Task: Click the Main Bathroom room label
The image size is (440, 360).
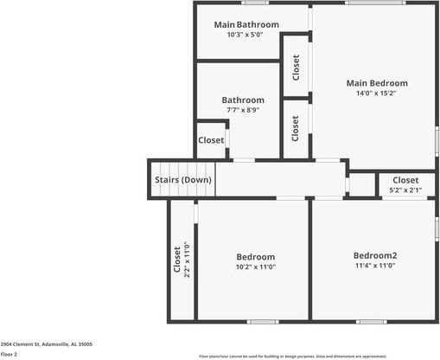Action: click(246, 24)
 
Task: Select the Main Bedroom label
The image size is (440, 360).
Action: click(376, 83)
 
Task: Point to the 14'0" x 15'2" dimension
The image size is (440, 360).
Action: click(376, 94)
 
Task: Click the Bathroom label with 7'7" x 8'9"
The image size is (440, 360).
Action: click(243, 100)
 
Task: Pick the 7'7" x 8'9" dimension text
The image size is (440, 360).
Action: click(243, 110)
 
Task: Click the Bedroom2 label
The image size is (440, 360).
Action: click(375, 255)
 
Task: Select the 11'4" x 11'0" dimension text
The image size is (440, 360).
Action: click(375, 267)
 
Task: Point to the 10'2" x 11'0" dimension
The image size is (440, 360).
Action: click(256, 267)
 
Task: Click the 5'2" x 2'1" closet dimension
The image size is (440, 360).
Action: click(405, 190)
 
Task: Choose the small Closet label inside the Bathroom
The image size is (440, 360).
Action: click(211, 140)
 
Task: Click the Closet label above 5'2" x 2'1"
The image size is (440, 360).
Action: click(405, 180)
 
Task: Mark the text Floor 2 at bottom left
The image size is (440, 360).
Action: click(10, 354)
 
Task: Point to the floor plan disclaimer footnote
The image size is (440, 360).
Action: click(293, 356)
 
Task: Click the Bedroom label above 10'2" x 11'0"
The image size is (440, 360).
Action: click(256, 256)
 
